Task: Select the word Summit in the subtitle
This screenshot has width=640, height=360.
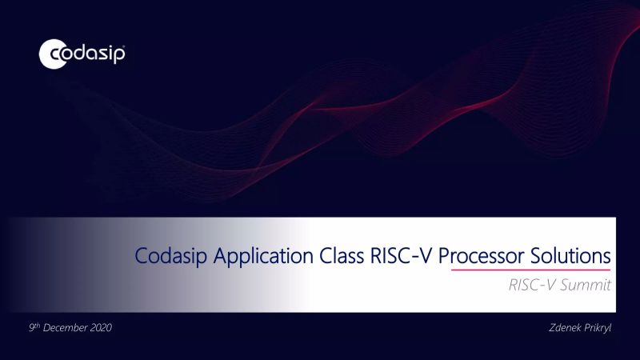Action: coord(586,285)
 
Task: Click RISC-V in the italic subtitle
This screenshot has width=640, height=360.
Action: coord(531,285)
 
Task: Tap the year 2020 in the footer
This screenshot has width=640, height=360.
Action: coord(99,329)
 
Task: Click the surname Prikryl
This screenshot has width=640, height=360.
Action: coord(599,329)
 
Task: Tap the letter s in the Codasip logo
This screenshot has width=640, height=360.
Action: coord(101,54)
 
